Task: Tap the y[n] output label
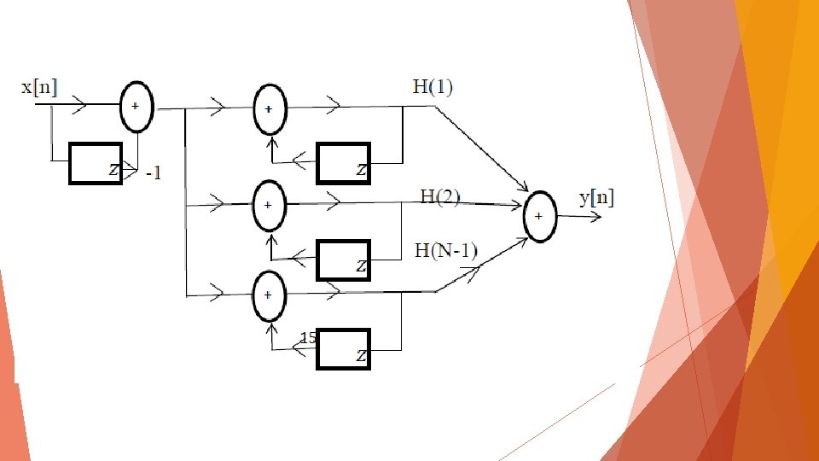click(x=596, y=199)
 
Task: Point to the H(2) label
click(x=440, y=197)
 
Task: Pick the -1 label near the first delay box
click(x=153, y=174)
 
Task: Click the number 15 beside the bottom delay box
click(x=309, y=338)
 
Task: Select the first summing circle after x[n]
click(x=135, y=107)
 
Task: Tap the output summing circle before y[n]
click(x=539, y=216)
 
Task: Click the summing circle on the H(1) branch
click(x=270, y=110)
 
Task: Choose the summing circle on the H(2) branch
click(x=270, y=206)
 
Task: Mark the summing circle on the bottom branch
click(x=270, y=295)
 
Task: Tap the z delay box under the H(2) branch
click(x=343, y=260)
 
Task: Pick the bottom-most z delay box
click(x=343, y=348)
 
